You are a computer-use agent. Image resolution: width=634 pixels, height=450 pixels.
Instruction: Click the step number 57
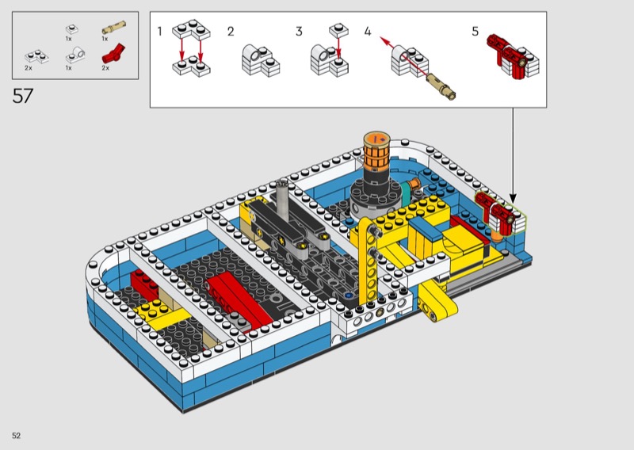coord(23,96)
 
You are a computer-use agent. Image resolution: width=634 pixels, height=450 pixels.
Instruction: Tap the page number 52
coord(16,436)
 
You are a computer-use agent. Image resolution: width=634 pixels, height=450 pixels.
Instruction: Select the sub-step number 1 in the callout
coord(160,31)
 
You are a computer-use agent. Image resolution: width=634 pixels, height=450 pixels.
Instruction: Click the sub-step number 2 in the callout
coord(231,31)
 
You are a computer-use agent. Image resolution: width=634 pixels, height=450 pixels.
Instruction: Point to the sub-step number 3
coord(299,31)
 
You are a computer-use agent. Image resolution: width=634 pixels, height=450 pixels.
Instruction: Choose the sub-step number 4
coord(367,31)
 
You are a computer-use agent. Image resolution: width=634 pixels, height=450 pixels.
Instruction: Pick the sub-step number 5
coord(475,31)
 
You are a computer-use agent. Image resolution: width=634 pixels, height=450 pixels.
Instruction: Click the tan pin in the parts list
coord(113,28)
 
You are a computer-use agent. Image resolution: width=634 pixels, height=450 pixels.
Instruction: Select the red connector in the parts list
coord(113,53)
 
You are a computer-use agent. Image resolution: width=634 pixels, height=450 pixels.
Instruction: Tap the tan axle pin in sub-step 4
coord(441,86)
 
